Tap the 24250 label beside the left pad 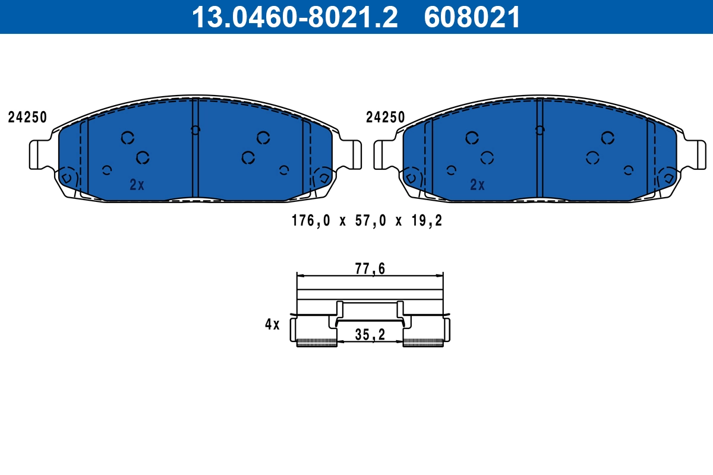pos(27,118)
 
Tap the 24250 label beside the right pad pos(385,118)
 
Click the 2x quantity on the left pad pos(137,185)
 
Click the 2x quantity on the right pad pos(477,185)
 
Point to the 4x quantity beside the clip pos(272,324)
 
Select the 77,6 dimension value pos(370,269)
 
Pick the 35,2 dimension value pos(370,335)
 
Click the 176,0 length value pos(310,221)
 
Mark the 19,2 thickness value pos(427,221)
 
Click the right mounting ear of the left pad pos(351,154)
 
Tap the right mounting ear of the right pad pos(695,154)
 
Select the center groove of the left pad pos(195,148)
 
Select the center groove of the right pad pos(540,148)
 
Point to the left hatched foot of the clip pos(316,342)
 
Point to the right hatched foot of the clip pos(423,342)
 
